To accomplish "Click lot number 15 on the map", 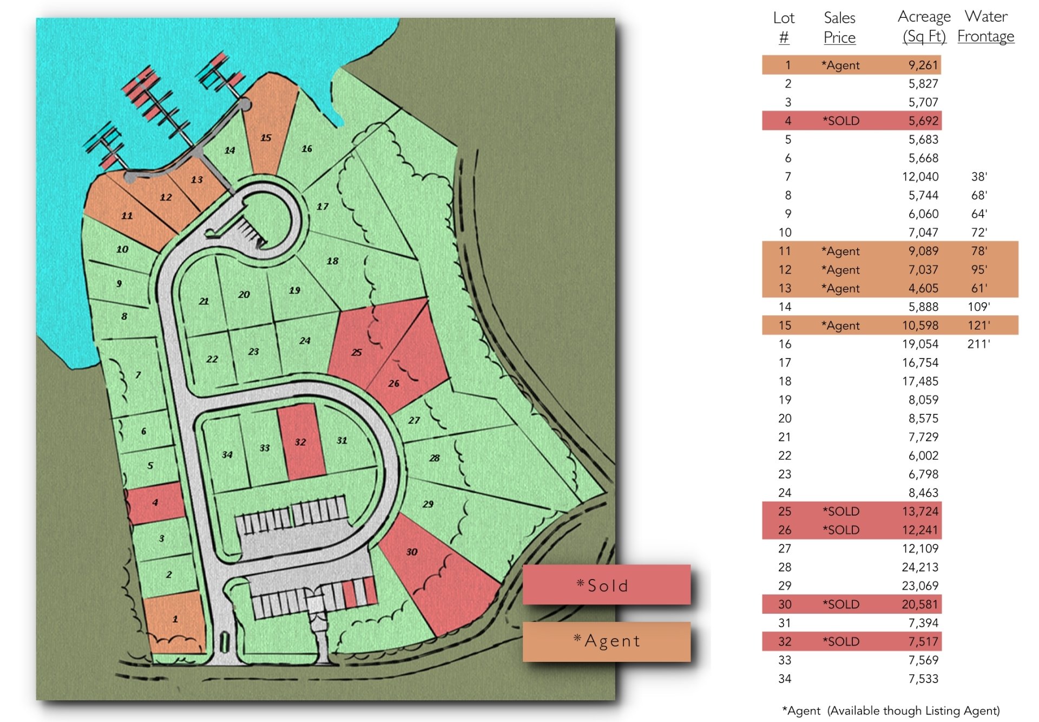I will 266,138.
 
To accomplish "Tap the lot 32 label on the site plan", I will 300,442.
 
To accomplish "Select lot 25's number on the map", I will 356,352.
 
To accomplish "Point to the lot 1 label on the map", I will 175,619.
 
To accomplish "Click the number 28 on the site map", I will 435,458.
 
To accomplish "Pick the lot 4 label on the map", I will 155,502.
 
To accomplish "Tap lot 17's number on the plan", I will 323,206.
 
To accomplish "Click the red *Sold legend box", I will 606,585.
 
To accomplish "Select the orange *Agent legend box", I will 606,641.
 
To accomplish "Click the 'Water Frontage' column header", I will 985,27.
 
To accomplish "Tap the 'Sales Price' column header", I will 839,28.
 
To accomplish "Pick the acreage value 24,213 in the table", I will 920,567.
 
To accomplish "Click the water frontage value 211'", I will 978,344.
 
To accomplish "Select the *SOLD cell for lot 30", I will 841,604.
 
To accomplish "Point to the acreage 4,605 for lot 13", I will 923,288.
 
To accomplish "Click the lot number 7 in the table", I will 787,177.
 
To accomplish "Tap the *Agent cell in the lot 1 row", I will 840,66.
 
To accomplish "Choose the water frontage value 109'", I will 978,307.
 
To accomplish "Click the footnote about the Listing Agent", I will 891,711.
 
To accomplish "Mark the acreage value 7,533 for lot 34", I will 923,679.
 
